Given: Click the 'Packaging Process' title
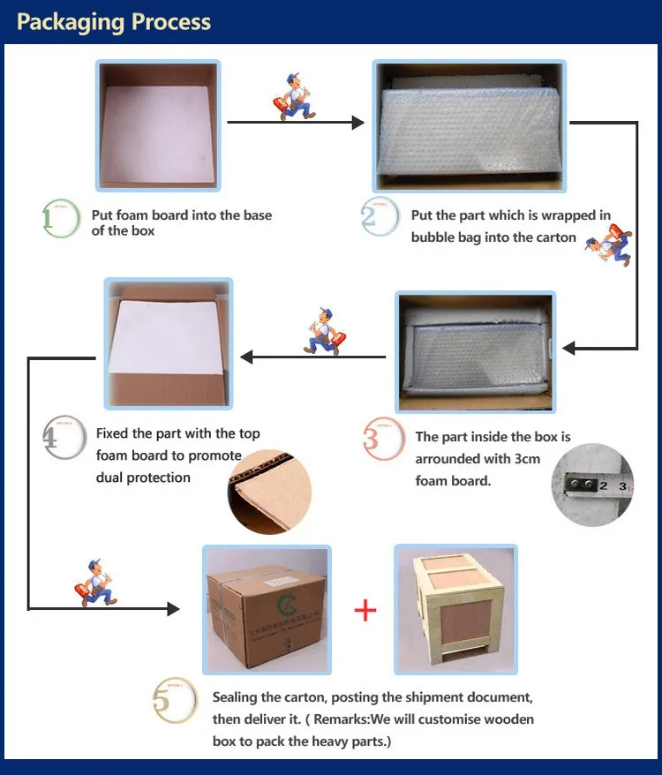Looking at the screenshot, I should point(114,22).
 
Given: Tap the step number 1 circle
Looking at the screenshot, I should point(61,219).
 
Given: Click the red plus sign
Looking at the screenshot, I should point(365,610).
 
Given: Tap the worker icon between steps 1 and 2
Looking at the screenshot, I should point(294,95).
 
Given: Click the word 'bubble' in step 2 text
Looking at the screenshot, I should point(433,237).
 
